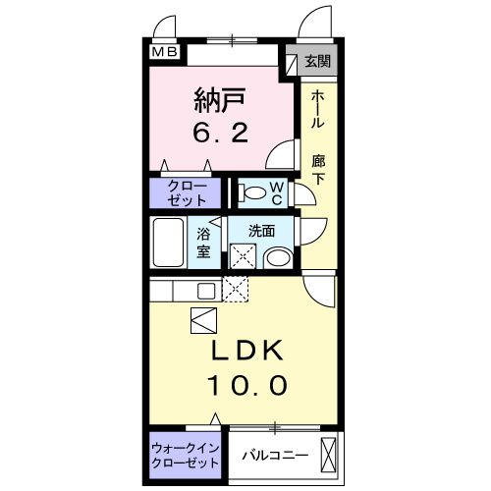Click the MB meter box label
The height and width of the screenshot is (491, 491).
point(165,52)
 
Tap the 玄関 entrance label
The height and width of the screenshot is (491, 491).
point(317,61)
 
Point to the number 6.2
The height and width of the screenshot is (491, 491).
point(220,133)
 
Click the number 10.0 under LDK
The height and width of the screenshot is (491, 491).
point(247,385)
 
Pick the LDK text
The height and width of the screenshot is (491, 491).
point(247,350)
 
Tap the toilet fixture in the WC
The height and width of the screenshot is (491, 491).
point(252,192)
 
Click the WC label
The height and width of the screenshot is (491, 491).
point(277,193)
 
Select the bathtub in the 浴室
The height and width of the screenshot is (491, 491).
point(168,243)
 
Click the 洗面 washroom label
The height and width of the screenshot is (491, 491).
point(261,231)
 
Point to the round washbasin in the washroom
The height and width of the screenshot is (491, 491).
point(279,258)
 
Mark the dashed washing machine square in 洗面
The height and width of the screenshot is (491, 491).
point(243,256)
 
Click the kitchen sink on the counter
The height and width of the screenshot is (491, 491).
point(206,291)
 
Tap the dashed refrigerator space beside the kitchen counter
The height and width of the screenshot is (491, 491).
point(236,289)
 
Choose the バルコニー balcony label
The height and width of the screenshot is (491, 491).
point(275,456)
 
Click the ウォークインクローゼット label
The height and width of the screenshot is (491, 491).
point(186,456)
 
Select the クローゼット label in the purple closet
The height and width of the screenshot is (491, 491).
point(187,193)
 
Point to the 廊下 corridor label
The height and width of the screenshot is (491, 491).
point(318,169)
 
